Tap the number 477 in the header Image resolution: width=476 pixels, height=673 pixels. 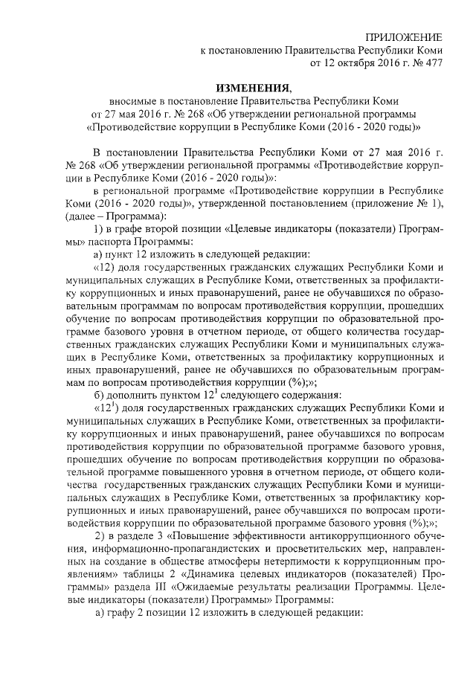tap(432, 64)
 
